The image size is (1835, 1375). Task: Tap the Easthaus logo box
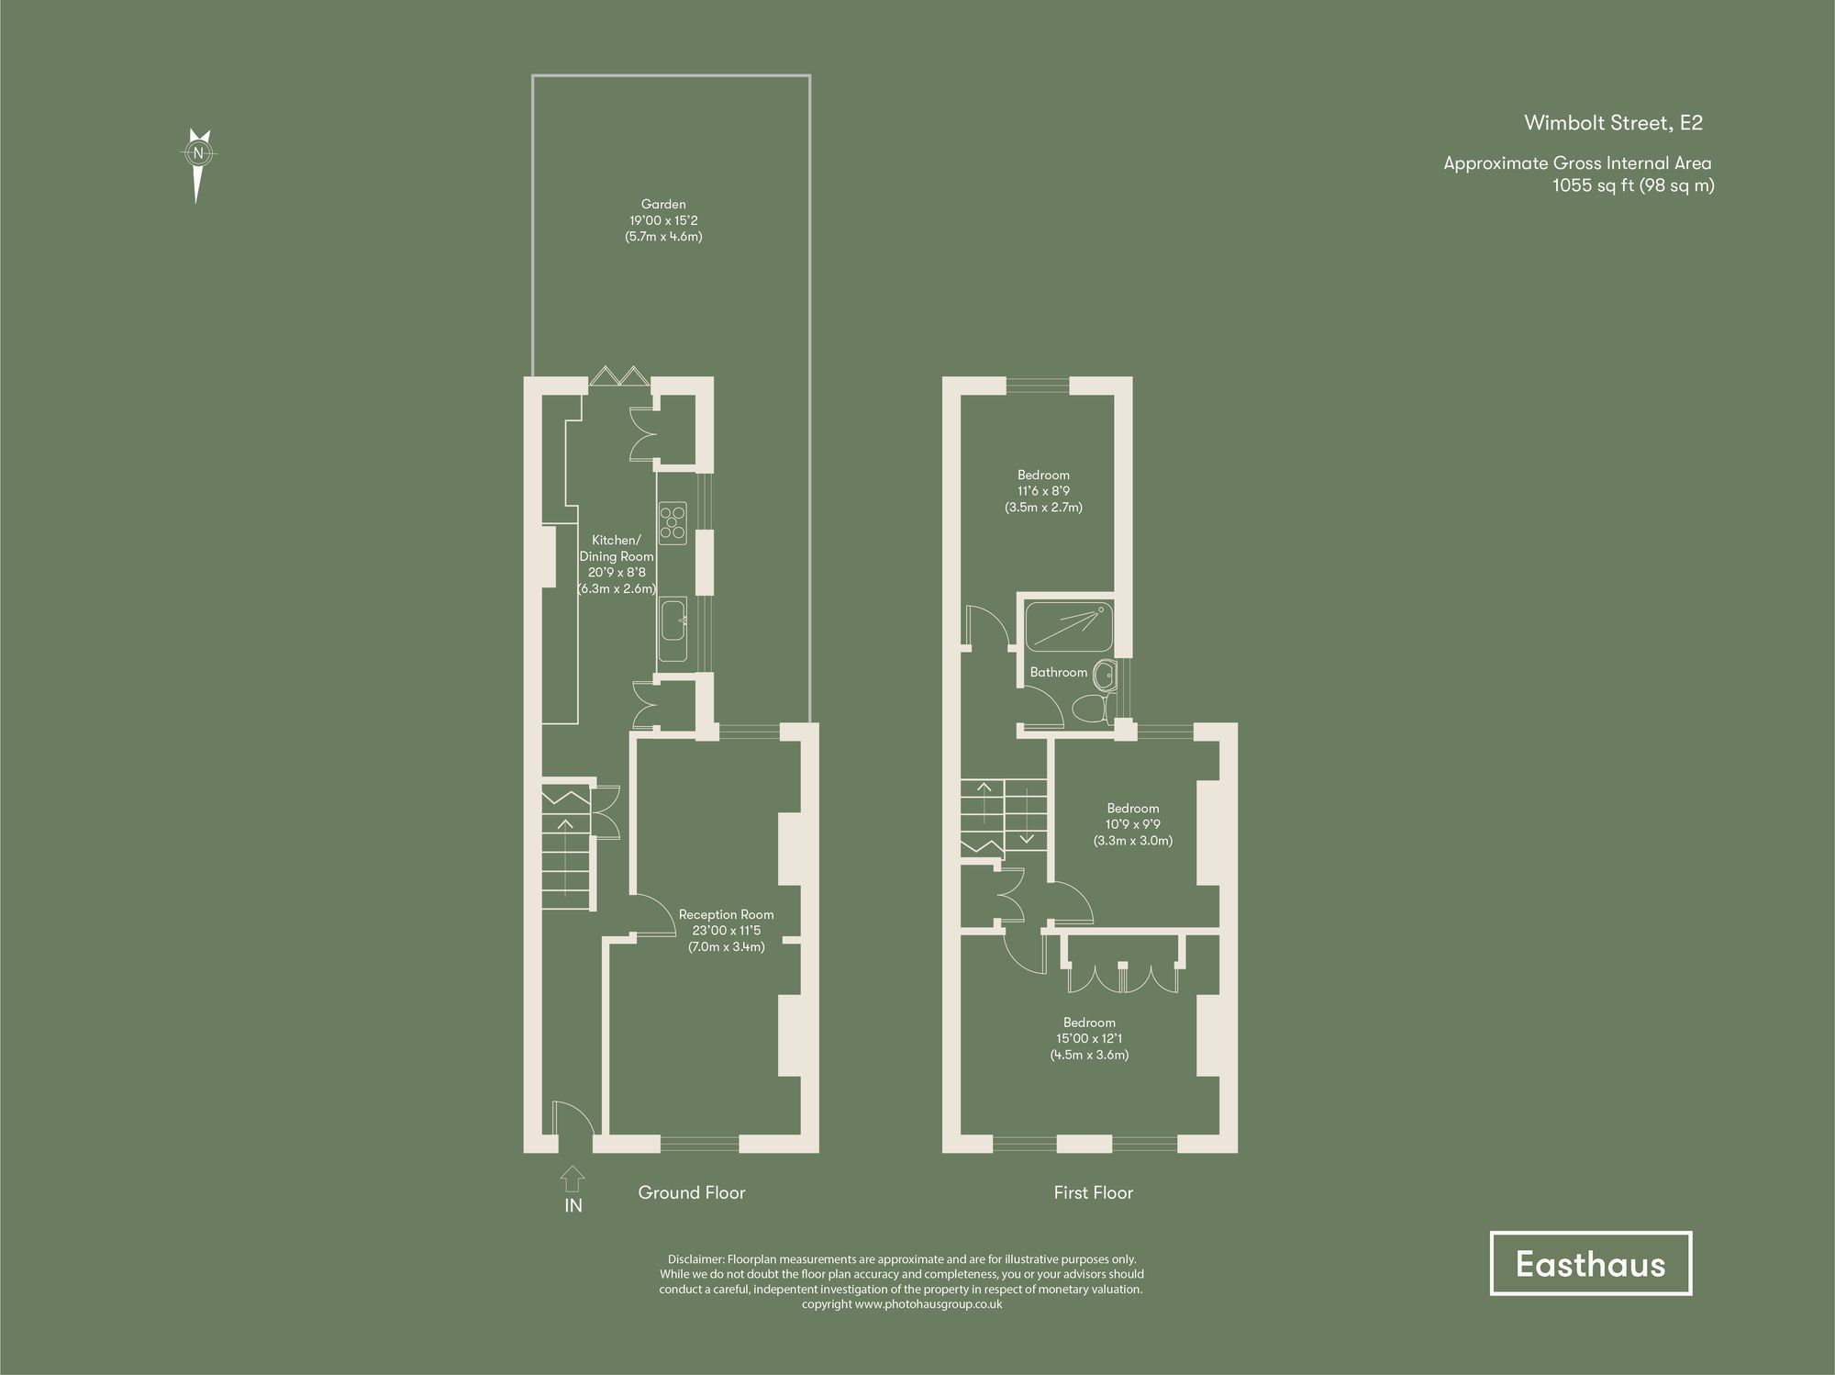pos(1590,1264)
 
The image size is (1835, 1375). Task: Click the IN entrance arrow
pos(572,1179)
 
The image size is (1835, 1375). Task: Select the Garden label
pos(663,205)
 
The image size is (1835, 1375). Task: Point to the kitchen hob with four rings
pos(673,521)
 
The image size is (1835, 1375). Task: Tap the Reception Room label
pos(726,914)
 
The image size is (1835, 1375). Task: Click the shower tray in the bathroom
pos(1068,626)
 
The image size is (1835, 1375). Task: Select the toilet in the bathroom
pos(1092,709)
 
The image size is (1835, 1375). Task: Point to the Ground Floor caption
pos(692,1192)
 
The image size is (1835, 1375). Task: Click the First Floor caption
pos(1093,1192)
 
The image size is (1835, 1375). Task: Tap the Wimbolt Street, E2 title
pos(1613,123)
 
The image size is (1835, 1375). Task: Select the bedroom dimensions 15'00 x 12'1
pos(1089,1039)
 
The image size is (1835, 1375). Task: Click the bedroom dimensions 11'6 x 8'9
pos(1043,491)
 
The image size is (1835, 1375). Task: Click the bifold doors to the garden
pos(618,376)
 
